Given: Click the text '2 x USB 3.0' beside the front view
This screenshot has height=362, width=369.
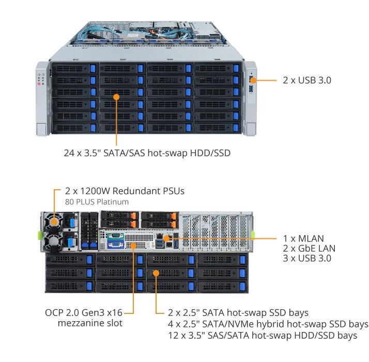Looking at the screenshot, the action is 307,80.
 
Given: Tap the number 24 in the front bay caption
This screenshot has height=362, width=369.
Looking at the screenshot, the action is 69,153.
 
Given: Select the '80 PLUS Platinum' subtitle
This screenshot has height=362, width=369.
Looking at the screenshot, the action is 97,202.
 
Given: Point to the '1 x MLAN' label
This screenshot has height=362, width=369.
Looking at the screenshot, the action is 303,238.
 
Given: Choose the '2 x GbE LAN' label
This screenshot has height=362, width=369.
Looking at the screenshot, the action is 309,248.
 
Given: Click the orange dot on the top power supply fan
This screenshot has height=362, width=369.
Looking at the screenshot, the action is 54,222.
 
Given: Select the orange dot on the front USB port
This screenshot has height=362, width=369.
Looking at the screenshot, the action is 253,80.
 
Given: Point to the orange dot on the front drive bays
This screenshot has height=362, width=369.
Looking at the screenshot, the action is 116,97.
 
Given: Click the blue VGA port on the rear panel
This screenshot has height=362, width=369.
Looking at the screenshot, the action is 116,245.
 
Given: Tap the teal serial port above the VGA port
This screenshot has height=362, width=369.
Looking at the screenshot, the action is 116,236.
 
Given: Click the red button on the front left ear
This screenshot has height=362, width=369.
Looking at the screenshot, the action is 39,84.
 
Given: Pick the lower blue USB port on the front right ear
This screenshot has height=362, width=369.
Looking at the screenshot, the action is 251,89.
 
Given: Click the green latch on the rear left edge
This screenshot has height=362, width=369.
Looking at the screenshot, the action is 40,235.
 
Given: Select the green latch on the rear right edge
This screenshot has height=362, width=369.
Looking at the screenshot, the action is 253,235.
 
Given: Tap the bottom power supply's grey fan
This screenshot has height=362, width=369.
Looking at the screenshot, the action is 54,242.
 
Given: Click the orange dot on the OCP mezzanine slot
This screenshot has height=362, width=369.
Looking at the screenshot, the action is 133,246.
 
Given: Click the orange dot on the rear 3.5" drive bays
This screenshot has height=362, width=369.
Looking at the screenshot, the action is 156,273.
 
